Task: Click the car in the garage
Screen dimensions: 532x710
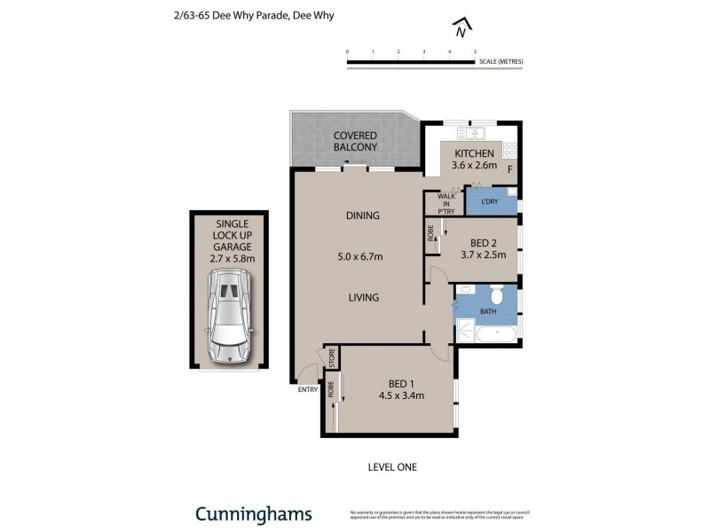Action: (x=230, y=317)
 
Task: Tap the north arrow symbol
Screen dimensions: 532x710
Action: (x=460, y=29)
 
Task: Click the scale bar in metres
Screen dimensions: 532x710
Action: (x=411, y=62)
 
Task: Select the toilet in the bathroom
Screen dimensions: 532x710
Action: (x=497, y=295)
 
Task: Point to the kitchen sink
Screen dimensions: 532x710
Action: (x=469, y=134)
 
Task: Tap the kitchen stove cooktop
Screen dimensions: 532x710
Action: (x=509, y=149)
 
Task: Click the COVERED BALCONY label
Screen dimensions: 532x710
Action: (x=355, y=141)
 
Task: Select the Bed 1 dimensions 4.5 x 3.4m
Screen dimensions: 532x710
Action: (x=396, y=395)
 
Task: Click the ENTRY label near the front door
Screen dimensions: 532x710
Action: (x=308, y=389)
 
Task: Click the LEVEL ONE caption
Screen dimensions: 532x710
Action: (x=391, y=466)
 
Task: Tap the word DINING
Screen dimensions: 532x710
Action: (x=362, y=215)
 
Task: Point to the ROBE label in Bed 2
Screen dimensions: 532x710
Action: (x=430, y=233)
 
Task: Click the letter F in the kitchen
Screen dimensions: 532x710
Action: (x=509, y=168)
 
